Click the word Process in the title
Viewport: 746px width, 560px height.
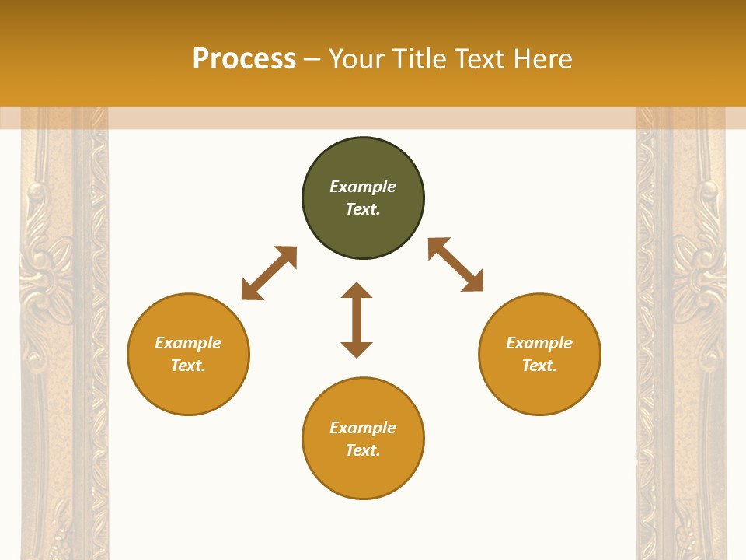click(244, 59)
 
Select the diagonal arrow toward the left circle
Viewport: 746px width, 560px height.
click(269, 273)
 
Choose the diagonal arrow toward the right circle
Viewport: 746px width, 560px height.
click(455, 264)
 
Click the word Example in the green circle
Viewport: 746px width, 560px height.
click(363, 187)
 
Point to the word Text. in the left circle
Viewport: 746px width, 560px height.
click(188, 366)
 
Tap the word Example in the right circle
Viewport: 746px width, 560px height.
click(539, 343)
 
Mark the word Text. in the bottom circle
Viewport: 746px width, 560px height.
click(363, 450)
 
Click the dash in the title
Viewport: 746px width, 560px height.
click(312, 60)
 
